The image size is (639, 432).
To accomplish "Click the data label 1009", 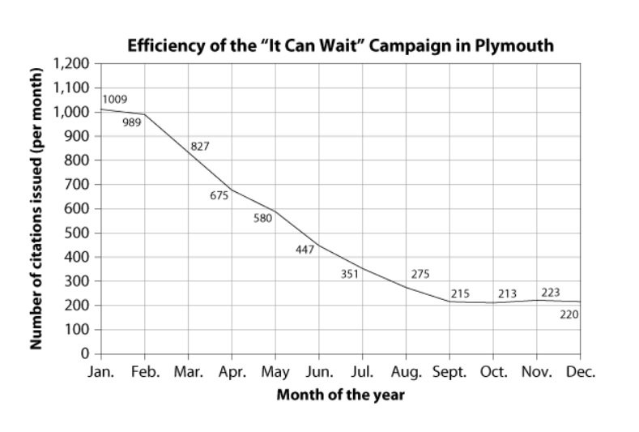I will tap(114, 101).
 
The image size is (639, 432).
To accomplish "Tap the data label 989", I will tap(132, 122).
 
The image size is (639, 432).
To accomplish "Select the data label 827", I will tap(200, 147).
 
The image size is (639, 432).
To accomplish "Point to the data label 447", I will tap(305, 249).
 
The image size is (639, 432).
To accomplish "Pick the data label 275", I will tap(420, 274).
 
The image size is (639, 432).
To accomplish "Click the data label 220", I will tap(569, 314).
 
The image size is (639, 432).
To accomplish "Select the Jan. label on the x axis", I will tap(100, 372).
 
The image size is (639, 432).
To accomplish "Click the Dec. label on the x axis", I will tap(580, 372).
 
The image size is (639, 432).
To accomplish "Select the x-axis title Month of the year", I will tap(340, 396).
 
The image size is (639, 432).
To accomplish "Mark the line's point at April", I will tap(232, 190).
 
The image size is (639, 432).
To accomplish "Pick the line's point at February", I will tap(145, 114).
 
